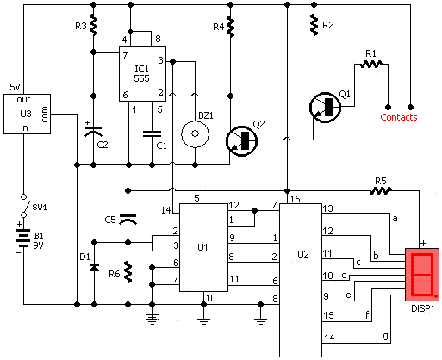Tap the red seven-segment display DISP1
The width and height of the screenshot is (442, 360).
[x=422, y=275]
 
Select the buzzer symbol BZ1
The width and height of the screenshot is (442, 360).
[x=195, y=133]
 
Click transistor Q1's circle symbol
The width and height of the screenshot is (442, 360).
[x=325, y=108]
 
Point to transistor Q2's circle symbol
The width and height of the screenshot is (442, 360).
[x=241, y=140]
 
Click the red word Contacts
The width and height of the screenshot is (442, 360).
[x=399, y=117]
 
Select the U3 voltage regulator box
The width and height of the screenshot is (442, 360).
[x=27, y=114]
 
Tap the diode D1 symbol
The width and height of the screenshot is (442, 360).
[x=94, y=268]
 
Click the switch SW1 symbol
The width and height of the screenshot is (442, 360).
[x=24, y=206]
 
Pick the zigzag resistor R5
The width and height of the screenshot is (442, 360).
[x=381, y=190]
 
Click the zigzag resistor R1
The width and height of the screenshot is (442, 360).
[x=371, y=64]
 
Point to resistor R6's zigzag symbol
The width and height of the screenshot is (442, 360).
[x=128, y=272]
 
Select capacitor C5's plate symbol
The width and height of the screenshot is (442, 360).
[x=128, y=219]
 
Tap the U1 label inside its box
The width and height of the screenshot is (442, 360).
[x=202, y=247]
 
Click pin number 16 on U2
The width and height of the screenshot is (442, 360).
[x=295, y=199]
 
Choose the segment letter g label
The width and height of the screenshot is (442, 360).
[x=386, y=336]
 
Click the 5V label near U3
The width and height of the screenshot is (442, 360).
[x=15, y=87]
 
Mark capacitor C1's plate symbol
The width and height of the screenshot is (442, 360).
[x=152, y=134]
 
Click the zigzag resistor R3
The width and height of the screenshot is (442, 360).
[x=94, y=25]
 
